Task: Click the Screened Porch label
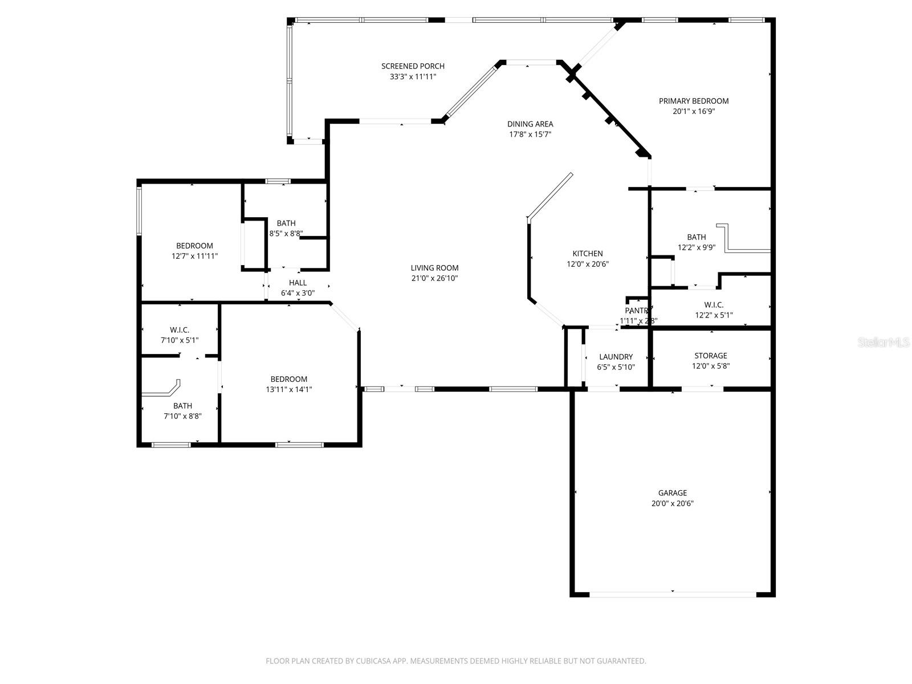pyautogui.click(x=413, y=66)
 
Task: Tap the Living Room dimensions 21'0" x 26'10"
pyautogui.click(x=434, y=279)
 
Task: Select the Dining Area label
pyautogui.click(x=530, y=124)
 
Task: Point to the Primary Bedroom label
pyautogui.click(x=694, y=101)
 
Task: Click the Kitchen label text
pyautogui.click(x=587, y=254)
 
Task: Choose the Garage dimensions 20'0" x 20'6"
pyautogui.click(x=673, y=503)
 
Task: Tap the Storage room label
pyautogui.click(x=710, y=356)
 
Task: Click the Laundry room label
pyautogui.click(x=616, y=357)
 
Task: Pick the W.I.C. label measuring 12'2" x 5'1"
pyautogui.click(x=714, y=305)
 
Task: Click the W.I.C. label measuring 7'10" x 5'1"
pyautogui.click(x=180, y=330)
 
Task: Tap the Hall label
pyautogui.click(x=298, y=283)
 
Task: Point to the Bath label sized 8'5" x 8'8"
pyautogui.click(x=286, y=223)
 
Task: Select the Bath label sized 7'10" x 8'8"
pyautogui.click(x=182, y=406)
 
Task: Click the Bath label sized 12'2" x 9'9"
pyautogui.click(x=696, y=237)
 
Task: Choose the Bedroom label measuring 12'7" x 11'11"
pyautogui.click(x=194, y=246)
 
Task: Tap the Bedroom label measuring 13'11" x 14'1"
pyautogui.click(x=288, y=379)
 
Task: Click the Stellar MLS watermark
pyautogui.click(x=883, y=343)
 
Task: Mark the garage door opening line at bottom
pyautogui.click(x=673, y=595)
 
